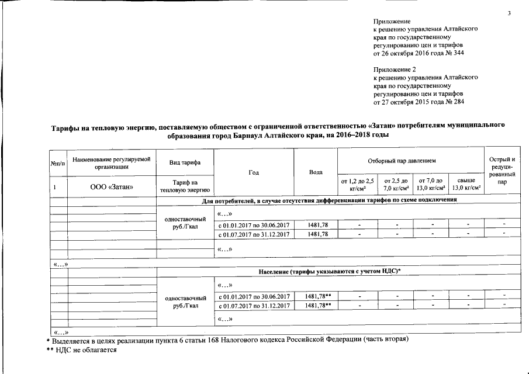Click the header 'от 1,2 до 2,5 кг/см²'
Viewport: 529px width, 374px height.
357,185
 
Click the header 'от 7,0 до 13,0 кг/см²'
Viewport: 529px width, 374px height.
430,185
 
